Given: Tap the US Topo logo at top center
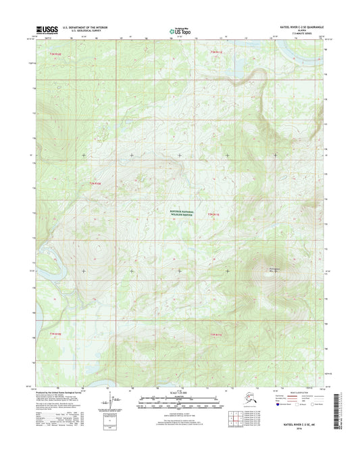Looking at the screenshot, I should [x=178, y=30].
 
